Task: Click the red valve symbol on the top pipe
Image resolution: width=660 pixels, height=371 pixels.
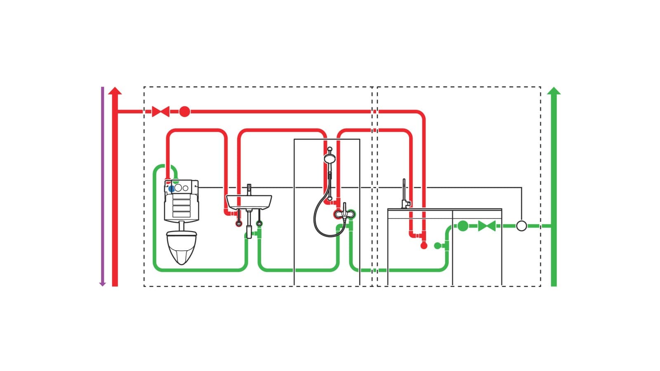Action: [x=160, y=111]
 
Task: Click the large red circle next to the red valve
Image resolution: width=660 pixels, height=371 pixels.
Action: [x=184, y=111]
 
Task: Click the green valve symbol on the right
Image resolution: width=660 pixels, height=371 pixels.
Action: [x=487, y=226]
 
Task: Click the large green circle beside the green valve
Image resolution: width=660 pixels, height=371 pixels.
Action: [x=463, y=226]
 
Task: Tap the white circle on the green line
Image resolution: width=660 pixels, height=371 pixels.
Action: [x=521, y=226]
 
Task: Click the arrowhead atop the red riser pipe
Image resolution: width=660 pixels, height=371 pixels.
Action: [x=115, y=91]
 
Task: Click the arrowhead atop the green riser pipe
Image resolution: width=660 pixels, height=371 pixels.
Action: [x=554, y=91]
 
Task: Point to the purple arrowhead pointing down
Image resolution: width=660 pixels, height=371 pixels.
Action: [x=103, y=284]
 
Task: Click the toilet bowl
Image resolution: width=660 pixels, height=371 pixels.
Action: [x=181, y=247]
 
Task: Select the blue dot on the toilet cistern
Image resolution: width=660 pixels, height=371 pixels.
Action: [x=171, y=189]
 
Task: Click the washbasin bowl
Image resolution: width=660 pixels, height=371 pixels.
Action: [x=249, y=202]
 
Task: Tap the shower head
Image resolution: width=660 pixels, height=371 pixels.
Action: [x=330, y=158]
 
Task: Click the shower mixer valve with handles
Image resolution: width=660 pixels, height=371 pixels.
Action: [x=344, y=214]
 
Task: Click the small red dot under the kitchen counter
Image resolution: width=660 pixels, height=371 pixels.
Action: [x=424, y=246]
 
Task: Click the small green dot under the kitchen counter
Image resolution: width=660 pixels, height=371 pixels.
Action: [x=437, y=246]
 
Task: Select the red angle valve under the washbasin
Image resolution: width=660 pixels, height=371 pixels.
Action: [x=238, y=223]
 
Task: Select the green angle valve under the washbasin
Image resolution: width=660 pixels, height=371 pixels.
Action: [x=259, y=223]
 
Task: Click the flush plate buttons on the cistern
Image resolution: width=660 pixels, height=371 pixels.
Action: [x=181, y=188]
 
